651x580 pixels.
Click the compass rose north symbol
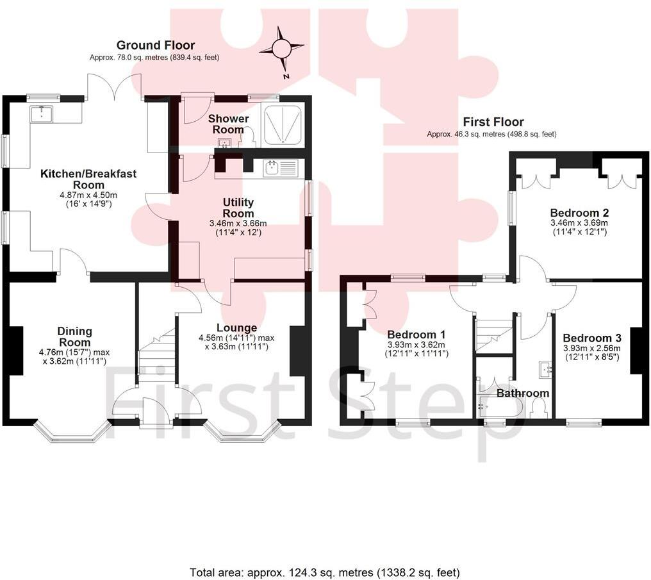(282, 49)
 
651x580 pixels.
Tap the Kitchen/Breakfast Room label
(88, 179)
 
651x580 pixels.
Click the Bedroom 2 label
(579, 213)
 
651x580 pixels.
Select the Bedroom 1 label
(416, 335)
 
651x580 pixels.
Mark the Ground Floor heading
(155, 46)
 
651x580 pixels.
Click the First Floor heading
(493, 122)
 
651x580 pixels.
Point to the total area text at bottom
(325, 572)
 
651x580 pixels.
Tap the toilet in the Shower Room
(247, 135)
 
